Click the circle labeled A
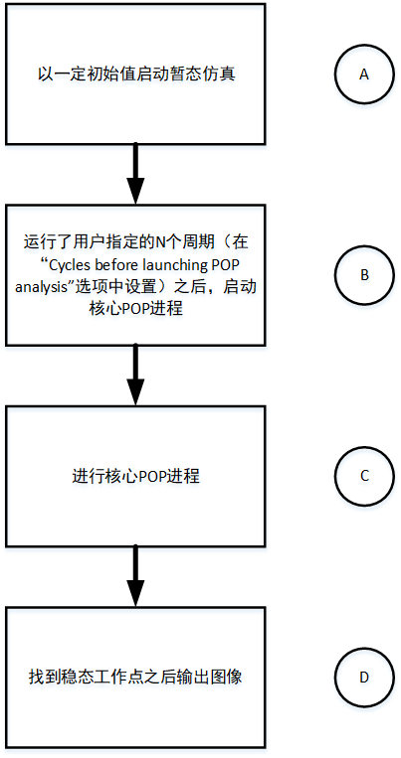click(363, 76)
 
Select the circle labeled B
click(363, 275)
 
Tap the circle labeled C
click(363, 475)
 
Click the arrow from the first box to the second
click(135, 176)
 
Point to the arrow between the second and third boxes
click(135, 376)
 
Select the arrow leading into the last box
click(135, 576)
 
